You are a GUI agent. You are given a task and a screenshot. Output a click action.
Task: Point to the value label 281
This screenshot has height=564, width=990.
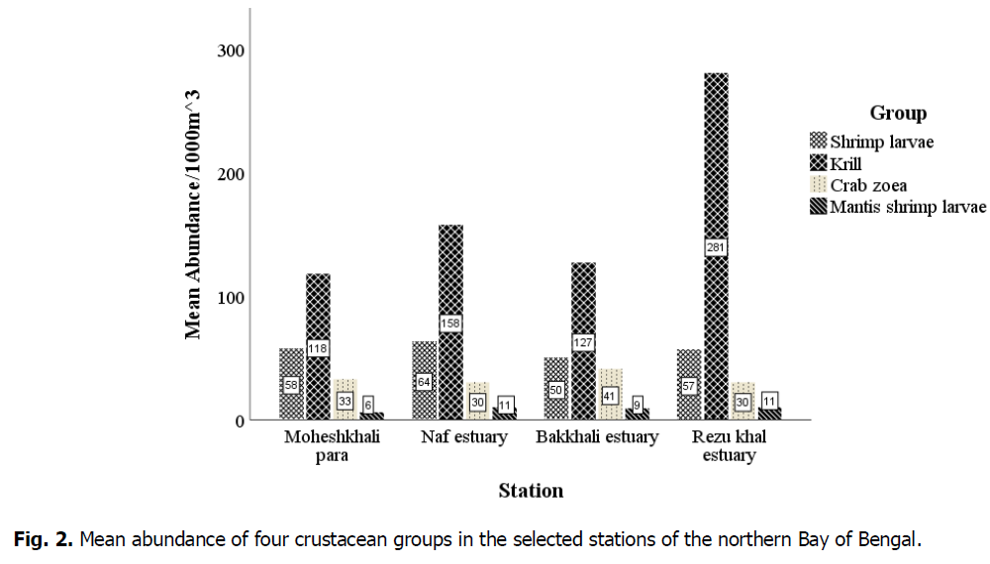(716, 247)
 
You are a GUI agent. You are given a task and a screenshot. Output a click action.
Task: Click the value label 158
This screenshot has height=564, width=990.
(450, 324)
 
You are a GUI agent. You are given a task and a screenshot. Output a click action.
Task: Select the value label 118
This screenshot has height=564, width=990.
(318, 348)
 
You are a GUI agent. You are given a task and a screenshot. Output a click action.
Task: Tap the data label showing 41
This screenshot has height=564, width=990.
(610, 396)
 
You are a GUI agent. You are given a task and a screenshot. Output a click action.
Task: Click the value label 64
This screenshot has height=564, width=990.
(424, 382)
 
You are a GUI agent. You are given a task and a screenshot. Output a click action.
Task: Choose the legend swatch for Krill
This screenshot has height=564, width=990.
(818, 162)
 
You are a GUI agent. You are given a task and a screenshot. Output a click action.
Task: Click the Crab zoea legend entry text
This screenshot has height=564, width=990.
(868, 185)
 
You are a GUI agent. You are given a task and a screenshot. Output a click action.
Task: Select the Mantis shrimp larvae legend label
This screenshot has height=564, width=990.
(908, 207)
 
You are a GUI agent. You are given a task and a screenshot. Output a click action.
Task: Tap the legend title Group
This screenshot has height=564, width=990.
(898, 114)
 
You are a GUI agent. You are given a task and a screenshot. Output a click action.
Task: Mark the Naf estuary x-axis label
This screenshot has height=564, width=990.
(464, 437)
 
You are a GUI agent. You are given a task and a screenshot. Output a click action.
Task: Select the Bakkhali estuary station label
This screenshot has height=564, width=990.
(597, 437)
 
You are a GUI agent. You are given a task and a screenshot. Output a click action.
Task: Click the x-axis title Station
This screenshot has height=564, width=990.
(531, 491)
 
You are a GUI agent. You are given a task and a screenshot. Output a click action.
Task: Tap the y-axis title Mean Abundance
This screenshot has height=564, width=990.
(194, 213)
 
